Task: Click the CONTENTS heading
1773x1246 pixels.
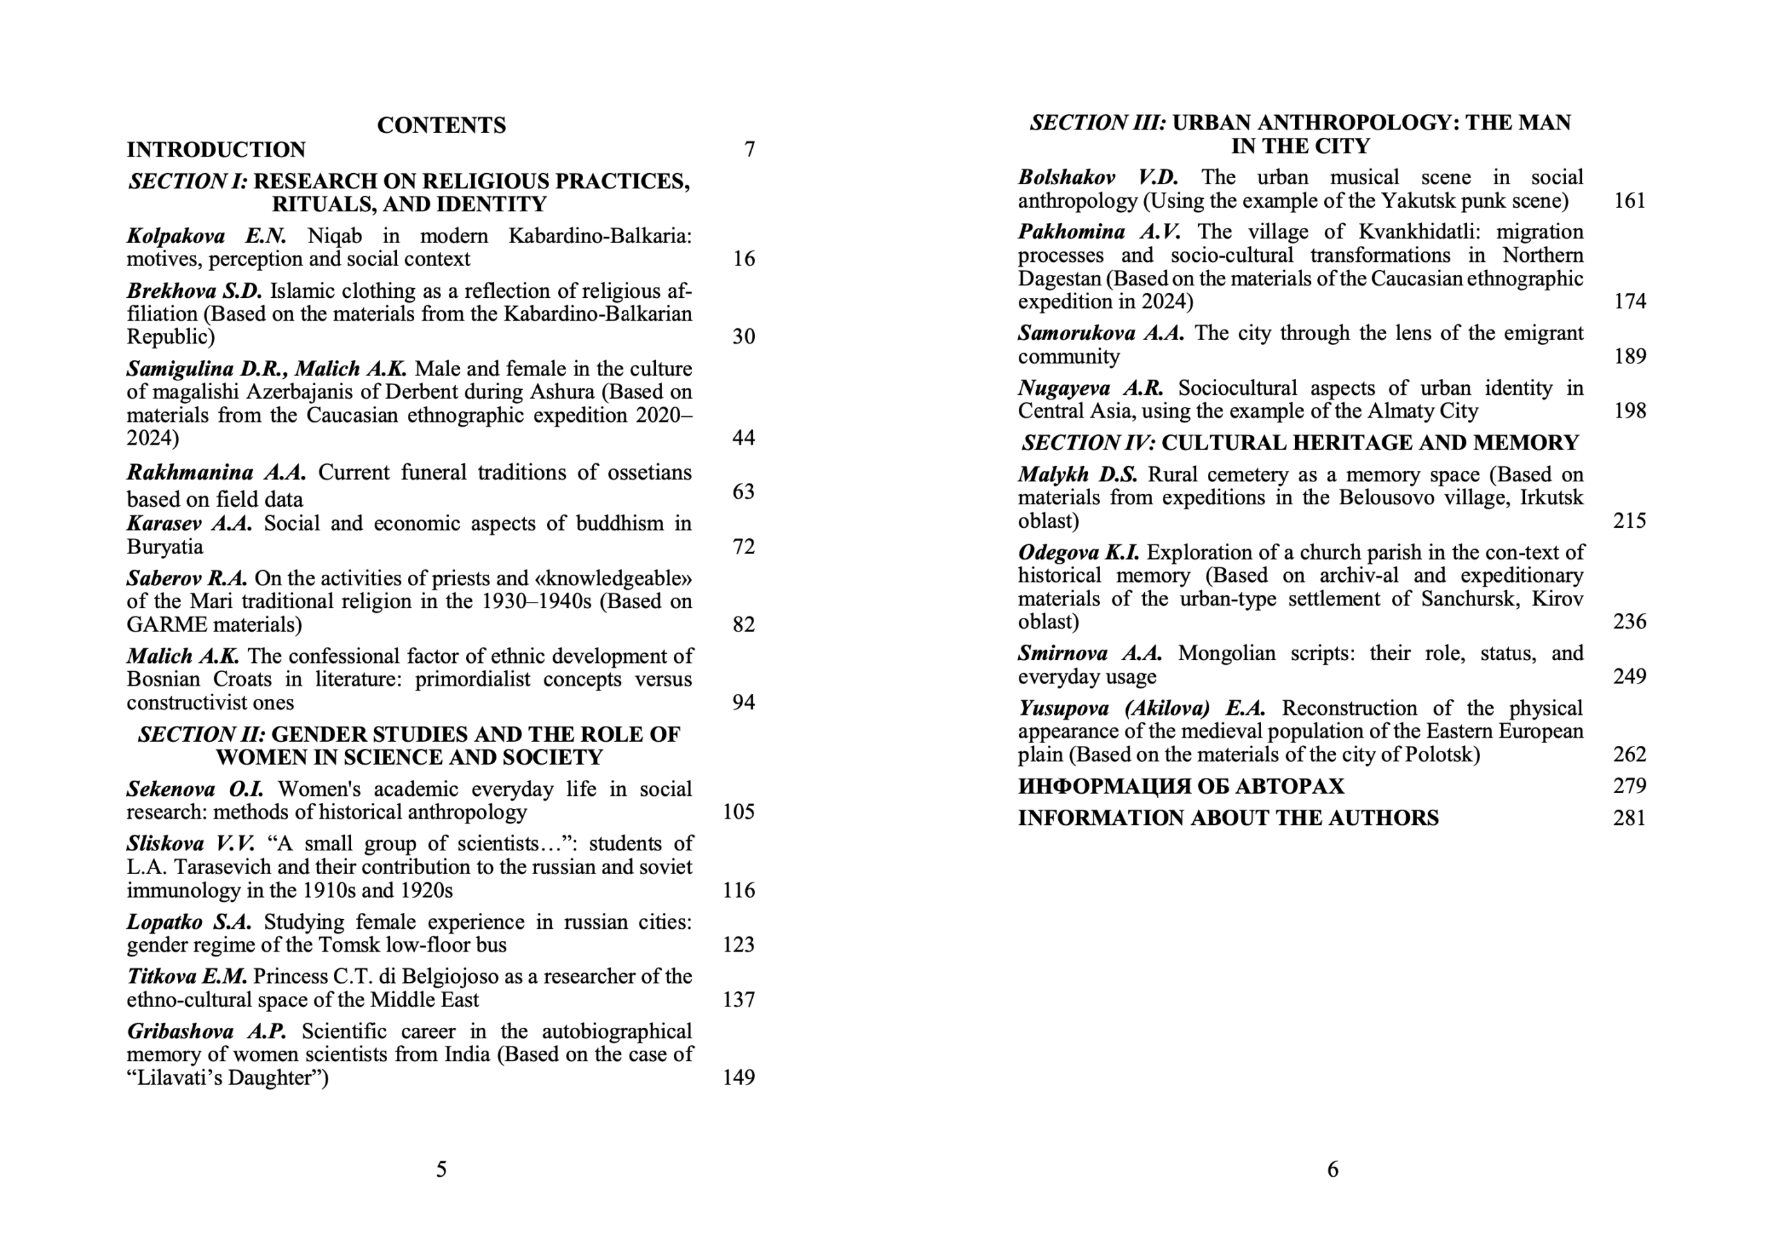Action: coord(441,125)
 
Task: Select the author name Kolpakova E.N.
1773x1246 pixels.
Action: coord(206,235)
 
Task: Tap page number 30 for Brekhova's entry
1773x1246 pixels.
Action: coord(743,337)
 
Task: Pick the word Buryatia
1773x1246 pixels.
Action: coord(164,547)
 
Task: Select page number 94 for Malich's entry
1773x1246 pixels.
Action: coord(743,702)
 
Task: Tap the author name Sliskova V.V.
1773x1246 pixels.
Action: coord(190,844)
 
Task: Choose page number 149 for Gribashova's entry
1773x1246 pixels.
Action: coord(738,1078)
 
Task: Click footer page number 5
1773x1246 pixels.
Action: coord(441,1170)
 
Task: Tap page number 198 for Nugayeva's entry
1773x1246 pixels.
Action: coord(1630,411)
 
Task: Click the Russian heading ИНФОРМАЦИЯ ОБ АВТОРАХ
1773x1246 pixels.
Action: coord(1181,786)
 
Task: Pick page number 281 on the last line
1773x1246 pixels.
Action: coord(1630,818)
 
